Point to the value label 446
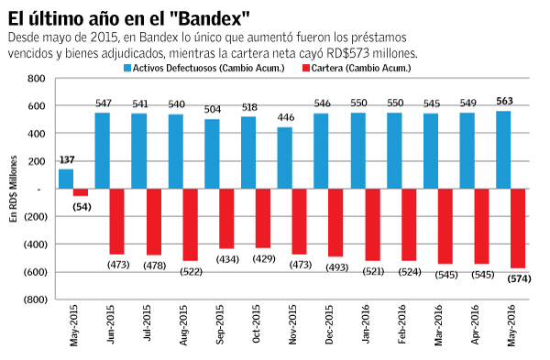pyautogui.click(x=285, y=118)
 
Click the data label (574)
pyautogui.click(x=521, y=278)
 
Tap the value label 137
pyautogui.click(x=66, y=160)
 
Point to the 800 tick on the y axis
pyautogui.click(x=35, y=79)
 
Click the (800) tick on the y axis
pyautogui.click(x=32, y=300)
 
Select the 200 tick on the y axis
pyautogui.click(x=35, y=161)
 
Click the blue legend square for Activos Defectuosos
pyautogui.click(x=127, y=68)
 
